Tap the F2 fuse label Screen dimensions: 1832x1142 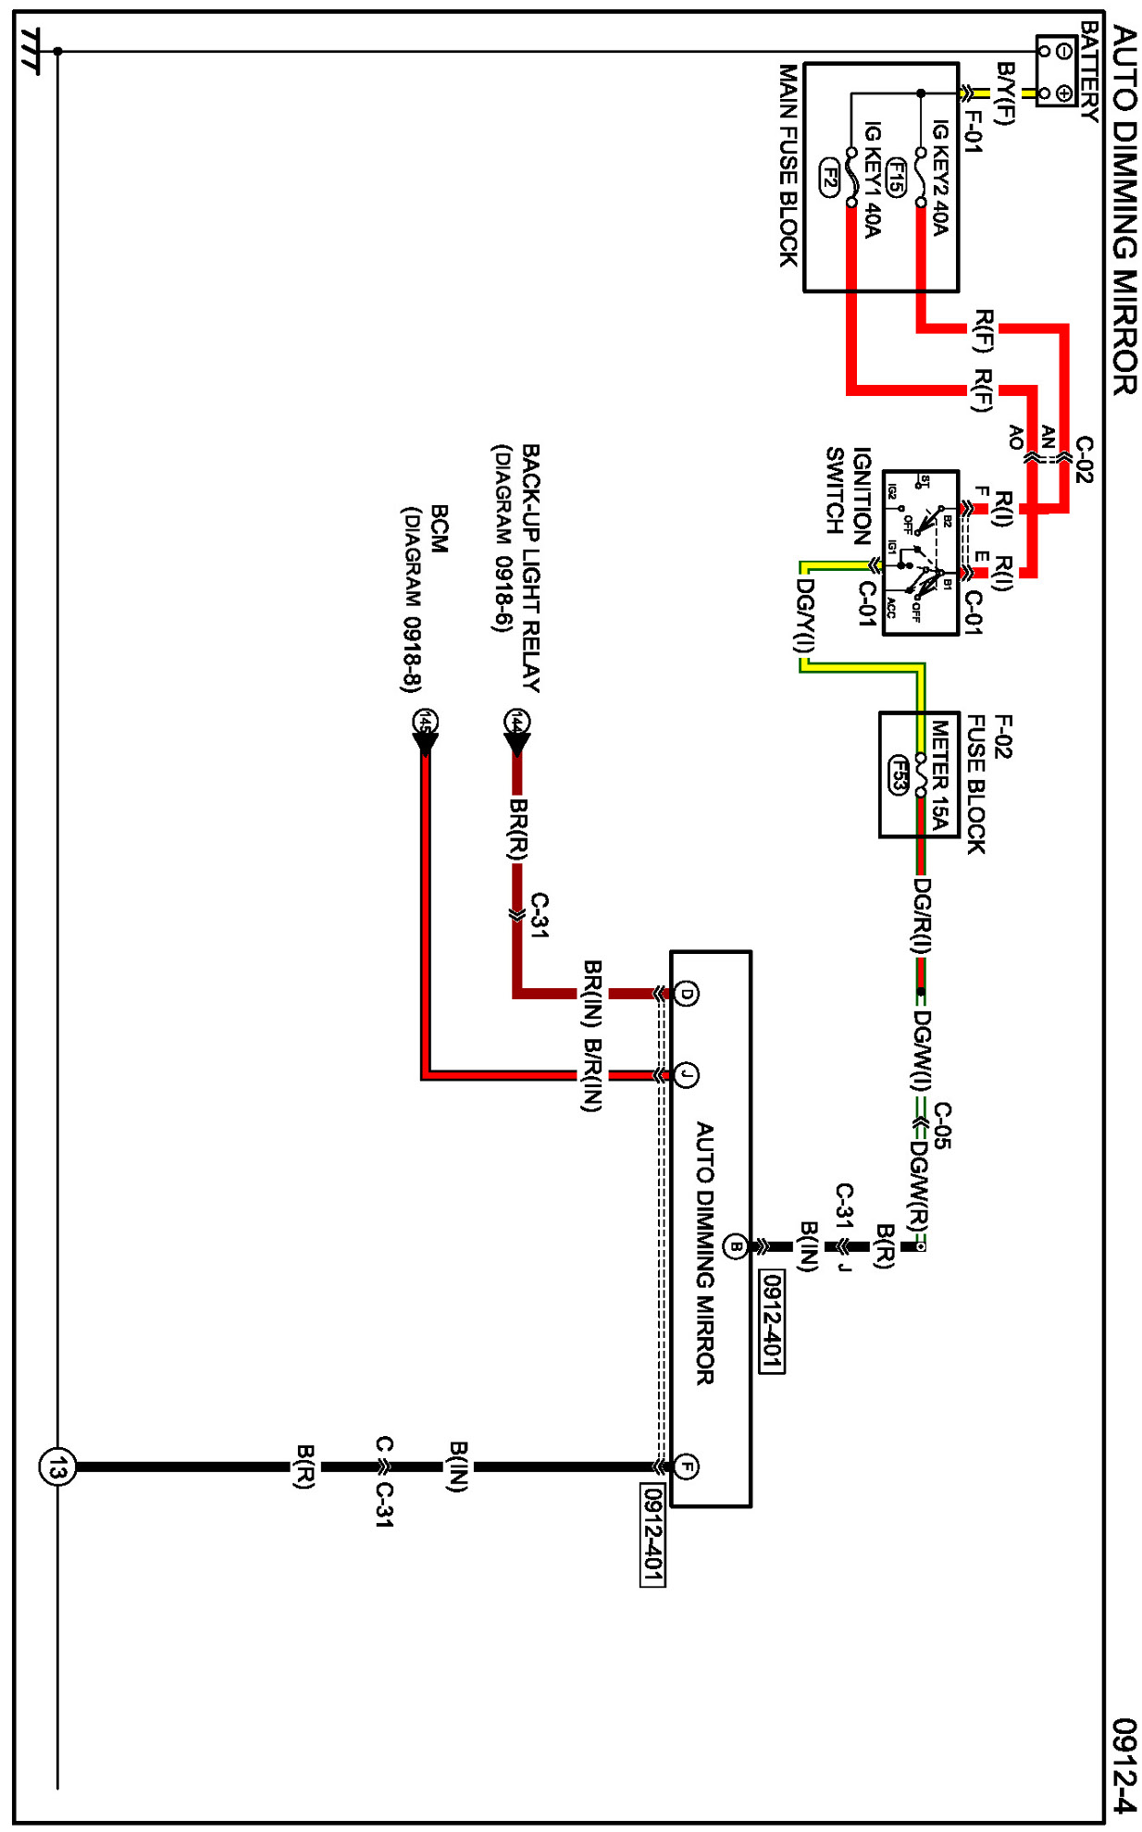[x=830, y=177]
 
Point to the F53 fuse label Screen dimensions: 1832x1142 [x=898, y=774]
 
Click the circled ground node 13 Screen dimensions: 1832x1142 [x=57, y=1467]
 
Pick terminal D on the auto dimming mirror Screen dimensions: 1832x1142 [x=686, y=994]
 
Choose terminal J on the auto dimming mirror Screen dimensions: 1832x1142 [x=686, y=1074]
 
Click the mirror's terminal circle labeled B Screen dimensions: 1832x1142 [x=736, y=1245]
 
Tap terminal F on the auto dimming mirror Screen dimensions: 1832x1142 [x=686, y=1466]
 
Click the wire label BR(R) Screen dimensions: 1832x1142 [x=519, y=829]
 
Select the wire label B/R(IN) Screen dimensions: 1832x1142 [x=592, y=1074]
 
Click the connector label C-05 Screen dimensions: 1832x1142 [x=942, y=1125]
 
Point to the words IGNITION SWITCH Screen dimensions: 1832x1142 [x=848, y=491]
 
